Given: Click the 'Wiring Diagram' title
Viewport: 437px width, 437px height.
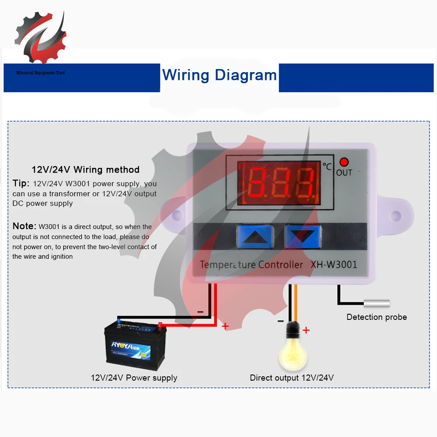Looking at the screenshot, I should [x=219, y=75].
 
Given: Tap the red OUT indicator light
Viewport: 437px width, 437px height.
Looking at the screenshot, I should [x=344, y=163].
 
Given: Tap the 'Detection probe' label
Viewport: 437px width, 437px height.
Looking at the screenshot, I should [x=376, y=317].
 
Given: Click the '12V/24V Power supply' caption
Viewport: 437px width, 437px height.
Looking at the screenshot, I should [x=134, y=378].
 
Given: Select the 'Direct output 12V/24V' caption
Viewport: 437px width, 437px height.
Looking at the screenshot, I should [x=291, y=378].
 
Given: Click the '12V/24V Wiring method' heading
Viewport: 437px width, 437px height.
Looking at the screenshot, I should [x=86, y=170].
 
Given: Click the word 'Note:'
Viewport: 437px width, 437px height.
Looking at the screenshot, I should [x=24, y=226].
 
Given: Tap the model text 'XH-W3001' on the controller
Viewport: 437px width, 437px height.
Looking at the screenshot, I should [x=334, y=264].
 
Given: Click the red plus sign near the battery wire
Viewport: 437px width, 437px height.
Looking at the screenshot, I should [x=225, y=326].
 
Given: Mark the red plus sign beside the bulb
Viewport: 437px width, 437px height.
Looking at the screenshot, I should [x=306, y=330].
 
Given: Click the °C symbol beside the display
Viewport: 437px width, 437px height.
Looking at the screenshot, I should [x=327, y=166].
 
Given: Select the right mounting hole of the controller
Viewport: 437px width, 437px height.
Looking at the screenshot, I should [x=395, y=215].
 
